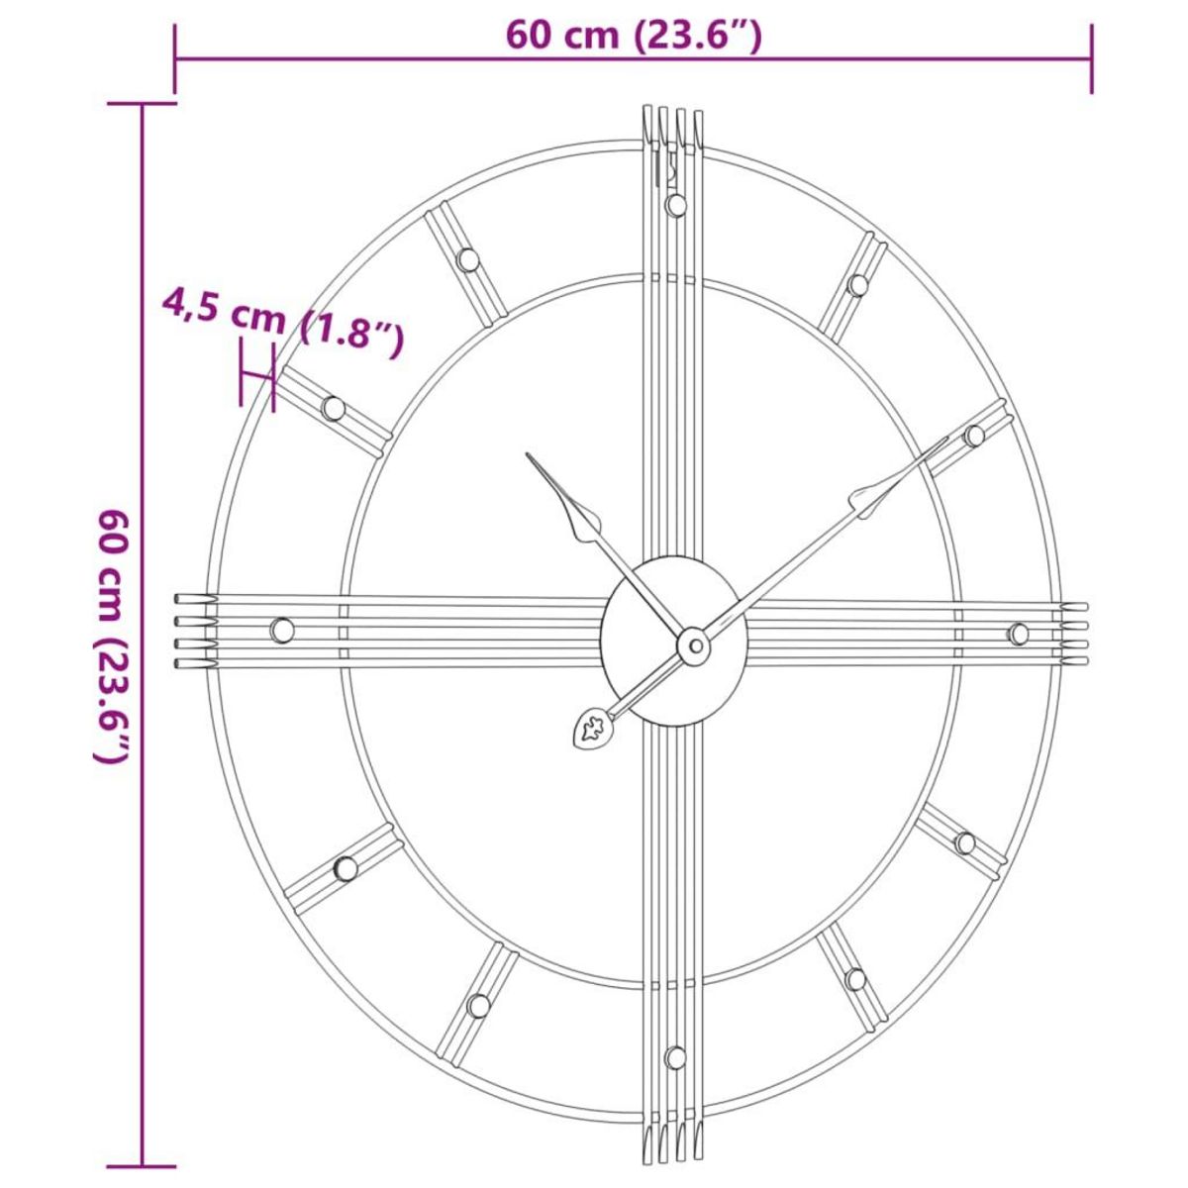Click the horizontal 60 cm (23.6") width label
[x=634, y=36]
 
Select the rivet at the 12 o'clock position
[x=676, y=205]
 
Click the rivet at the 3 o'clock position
[x=1018, y=634]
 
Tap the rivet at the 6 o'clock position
[x=676, y=1057]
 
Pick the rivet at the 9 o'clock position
[x=282, y=630]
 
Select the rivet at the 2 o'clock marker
[x=974, y=436]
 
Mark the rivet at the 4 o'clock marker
[x=964, y=843]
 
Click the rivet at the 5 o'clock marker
[x=855, y=979]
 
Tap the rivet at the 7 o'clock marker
[x=479, y=1005]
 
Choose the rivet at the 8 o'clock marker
[x=346, y=868]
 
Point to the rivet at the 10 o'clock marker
[x=333, y=408]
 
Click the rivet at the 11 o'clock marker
[x=467, y=260]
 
